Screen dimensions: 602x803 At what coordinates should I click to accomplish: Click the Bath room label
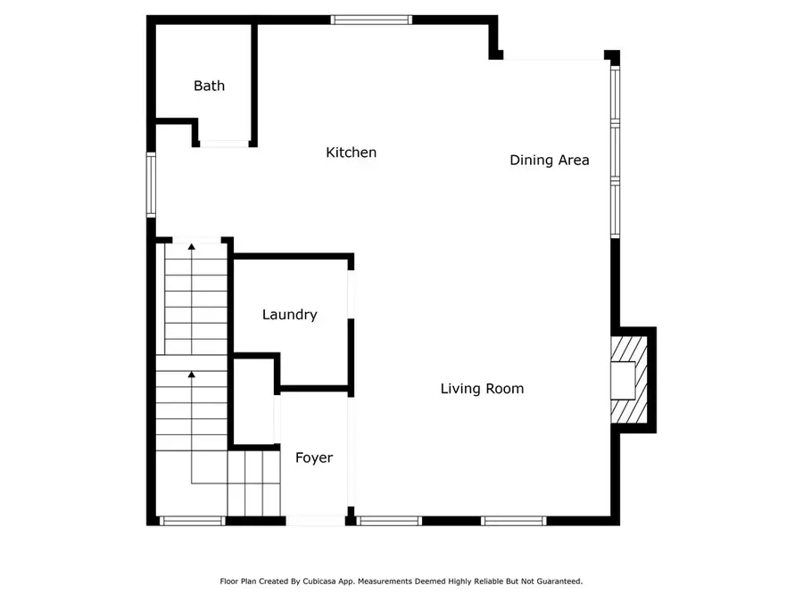(209, 87)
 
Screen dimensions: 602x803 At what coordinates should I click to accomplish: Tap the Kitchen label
(351, 153)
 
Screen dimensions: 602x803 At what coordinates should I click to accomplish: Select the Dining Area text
(549, 161)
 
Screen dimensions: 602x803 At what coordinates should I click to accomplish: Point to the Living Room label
(482, 389)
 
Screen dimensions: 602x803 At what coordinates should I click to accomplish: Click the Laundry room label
(289, 315)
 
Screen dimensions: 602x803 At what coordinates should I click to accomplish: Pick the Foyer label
(314, 458)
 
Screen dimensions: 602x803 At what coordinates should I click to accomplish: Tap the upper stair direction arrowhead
(191, 246)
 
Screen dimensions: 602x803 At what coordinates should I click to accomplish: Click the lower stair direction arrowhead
(191, 375)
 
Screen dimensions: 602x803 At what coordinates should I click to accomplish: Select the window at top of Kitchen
(371, 19)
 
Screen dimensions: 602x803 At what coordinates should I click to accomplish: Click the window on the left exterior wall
(152, 185)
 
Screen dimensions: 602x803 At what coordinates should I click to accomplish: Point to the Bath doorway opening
(224, 143)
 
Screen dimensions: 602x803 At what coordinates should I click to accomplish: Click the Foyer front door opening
(314, 521)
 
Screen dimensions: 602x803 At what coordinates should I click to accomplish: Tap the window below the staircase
(192, 521)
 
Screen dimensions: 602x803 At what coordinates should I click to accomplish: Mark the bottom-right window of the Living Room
(513, 521)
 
